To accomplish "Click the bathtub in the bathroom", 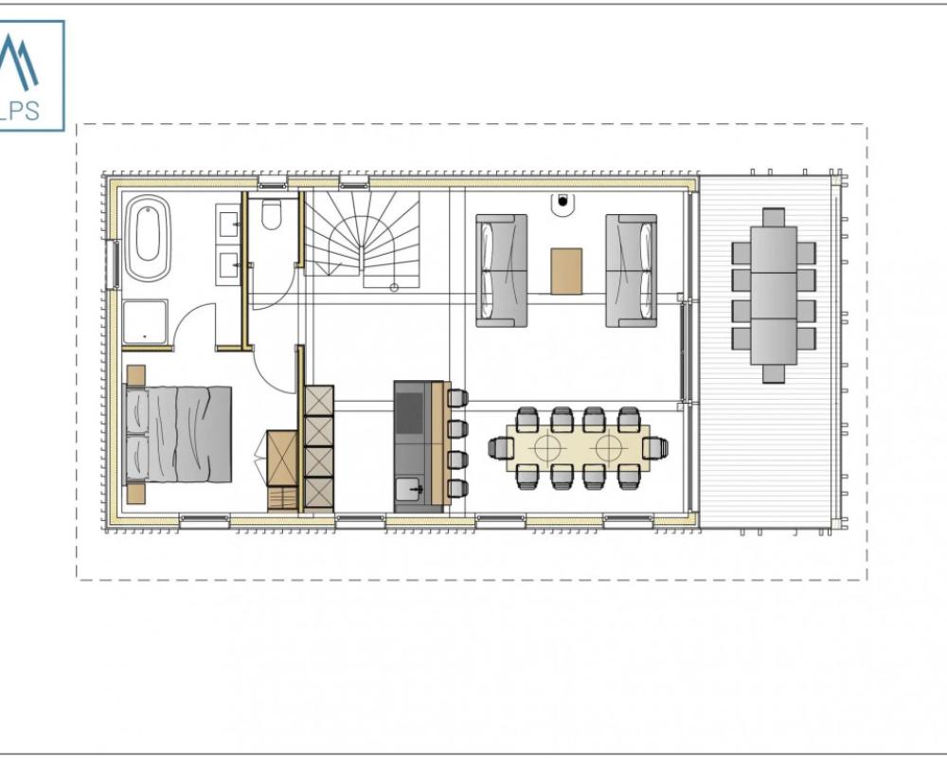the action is click(147, 238).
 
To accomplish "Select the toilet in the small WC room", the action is click(271, 214).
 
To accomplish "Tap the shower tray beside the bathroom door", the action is click(145, 323).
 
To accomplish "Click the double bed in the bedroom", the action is click(178, 435).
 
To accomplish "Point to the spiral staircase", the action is click(362, 240).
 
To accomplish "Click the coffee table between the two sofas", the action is click(566, 271).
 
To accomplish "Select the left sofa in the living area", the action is click(501, 270).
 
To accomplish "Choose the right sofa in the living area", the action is click(632, 270).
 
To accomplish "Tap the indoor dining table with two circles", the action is click(578, 448).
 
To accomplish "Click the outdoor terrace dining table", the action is click(774, 296).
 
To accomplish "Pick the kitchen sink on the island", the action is click(410, 488).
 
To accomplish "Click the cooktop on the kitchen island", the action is click(410, 413).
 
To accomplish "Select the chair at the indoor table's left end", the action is click(498, 448).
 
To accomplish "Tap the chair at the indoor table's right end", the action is click(655, 448).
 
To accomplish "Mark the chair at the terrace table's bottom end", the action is click(774, 373).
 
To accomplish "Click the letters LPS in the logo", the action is click(19, 111).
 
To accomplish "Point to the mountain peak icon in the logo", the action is click(17, 59).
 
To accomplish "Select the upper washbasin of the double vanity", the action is click(228, 223).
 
